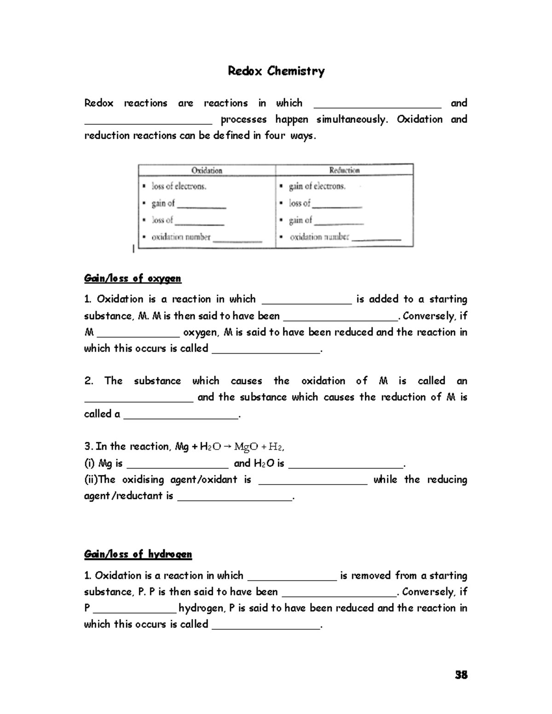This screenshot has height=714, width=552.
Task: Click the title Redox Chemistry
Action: coord(276,71)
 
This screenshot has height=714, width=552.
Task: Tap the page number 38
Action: coord(461,675)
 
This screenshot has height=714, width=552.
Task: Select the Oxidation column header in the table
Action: coord(207,171)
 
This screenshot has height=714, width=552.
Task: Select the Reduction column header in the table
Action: coord(344,170)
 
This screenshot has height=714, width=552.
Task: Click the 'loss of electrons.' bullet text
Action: coord(179,186)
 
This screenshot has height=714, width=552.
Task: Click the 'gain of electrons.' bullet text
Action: coord(317,186)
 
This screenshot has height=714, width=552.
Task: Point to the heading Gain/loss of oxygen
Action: coord(132,278)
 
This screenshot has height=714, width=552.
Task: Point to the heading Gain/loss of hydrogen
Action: coord(138,554)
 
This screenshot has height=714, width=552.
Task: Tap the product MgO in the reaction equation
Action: coord(246,446)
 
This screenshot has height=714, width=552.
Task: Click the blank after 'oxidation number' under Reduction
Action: coord(376,238)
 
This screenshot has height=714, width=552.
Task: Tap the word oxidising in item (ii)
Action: coord(143,480)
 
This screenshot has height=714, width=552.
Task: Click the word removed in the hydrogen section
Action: coord(372,576)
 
